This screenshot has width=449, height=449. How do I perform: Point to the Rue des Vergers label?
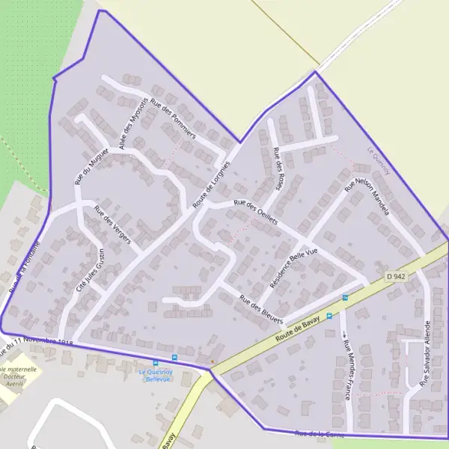112,224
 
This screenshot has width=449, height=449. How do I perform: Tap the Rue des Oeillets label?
256,212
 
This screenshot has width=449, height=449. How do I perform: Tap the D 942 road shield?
396,276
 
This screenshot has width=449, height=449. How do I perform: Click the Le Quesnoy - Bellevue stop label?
156,375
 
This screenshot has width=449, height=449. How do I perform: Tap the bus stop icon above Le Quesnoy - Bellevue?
175,358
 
